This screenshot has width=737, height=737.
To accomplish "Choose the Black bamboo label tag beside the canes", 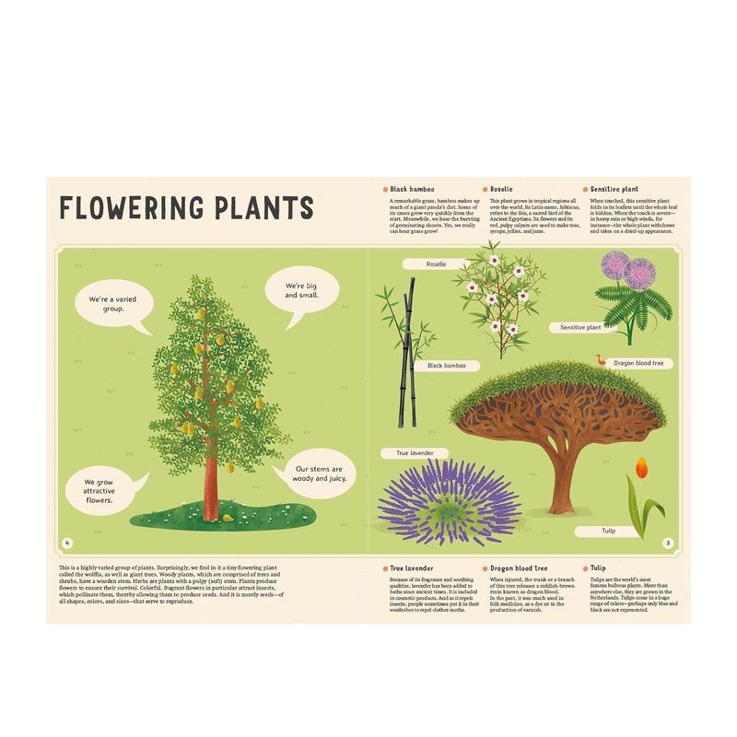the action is click(x=447, y=366).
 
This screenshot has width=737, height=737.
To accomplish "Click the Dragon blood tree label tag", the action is click(x=638, y=363).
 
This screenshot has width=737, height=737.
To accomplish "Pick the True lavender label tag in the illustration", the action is click(x=415, y=453).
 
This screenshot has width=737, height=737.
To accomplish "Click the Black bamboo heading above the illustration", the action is click(x=412, y=187).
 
